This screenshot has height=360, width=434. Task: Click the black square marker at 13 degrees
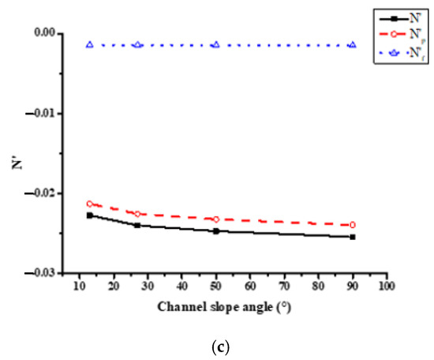[x=89, y=216]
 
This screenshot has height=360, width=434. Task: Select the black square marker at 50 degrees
[x=215, y=231]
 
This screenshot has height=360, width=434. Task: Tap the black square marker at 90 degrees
[x=352, y=237]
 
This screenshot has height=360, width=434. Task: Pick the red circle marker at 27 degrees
[x=137, y=214]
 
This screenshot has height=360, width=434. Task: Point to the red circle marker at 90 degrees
[x=352, y=225]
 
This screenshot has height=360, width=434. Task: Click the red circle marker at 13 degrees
[x=89, y=204]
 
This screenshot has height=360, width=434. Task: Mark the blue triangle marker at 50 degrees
[x=215, y=45]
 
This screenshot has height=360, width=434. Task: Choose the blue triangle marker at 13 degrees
[x=89, y=45]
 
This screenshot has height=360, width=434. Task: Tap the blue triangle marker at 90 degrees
[x=352, y=45]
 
